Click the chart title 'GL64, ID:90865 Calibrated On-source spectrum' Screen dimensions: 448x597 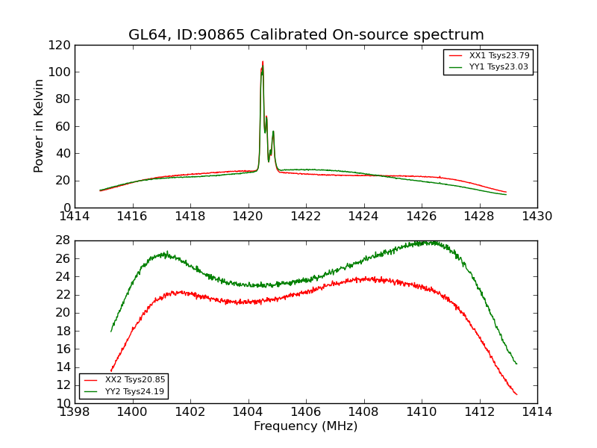(x=306, y=34)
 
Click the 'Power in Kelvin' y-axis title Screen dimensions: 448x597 (x=40, y=125)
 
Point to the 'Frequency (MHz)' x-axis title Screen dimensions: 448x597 (x=306, y=426)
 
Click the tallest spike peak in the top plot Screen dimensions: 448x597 (x=263, y=62)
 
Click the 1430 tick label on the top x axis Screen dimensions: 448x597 (x=537, y=217)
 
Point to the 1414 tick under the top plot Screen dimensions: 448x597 (x=75, y=217)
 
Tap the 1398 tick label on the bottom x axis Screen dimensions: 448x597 (x=75, y=412)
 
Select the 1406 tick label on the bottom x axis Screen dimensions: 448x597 (x=306, y=412)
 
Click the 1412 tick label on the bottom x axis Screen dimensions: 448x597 (x=479, y=412)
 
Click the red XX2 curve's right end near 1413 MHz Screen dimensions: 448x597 (x=516, y=394)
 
